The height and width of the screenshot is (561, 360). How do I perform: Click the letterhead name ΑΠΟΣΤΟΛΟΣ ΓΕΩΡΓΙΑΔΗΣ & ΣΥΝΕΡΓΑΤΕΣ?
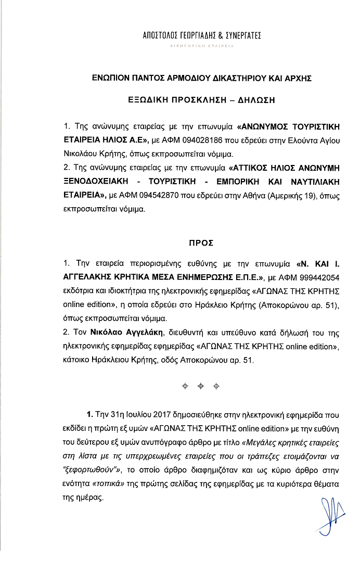(201, 36)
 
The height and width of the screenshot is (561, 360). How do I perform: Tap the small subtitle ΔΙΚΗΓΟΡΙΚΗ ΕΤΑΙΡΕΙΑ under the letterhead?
(201, 47)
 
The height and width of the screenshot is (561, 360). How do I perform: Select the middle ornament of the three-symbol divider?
(200, 386)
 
